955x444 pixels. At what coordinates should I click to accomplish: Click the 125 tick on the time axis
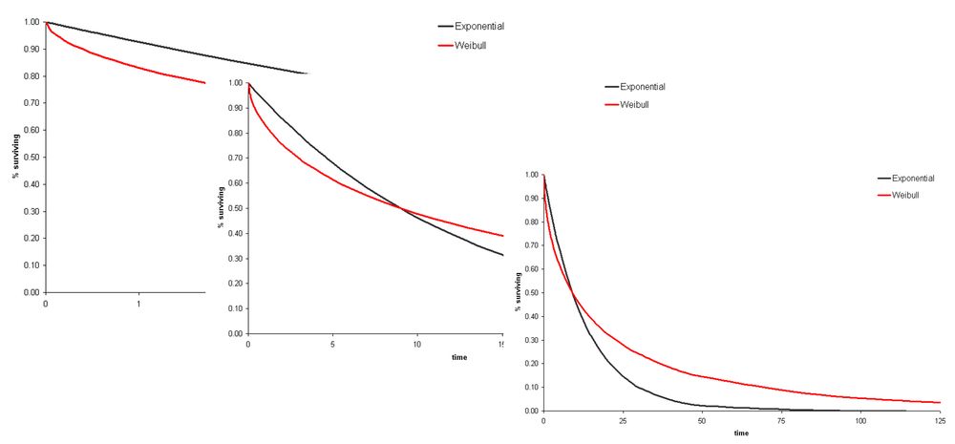(940, 421)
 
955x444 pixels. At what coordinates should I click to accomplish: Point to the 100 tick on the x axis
(860, 421)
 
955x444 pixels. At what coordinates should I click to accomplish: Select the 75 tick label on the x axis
(781, 421)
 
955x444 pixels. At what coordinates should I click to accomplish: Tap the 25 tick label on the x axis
(623, 421)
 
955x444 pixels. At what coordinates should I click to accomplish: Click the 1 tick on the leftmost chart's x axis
(138, 303)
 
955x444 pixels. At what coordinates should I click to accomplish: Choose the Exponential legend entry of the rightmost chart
(918, 178)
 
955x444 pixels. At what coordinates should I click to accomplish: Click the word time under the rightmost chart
(741, 433)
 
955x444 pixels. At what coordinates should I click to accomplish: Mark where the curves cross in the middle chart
(402, 209)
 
